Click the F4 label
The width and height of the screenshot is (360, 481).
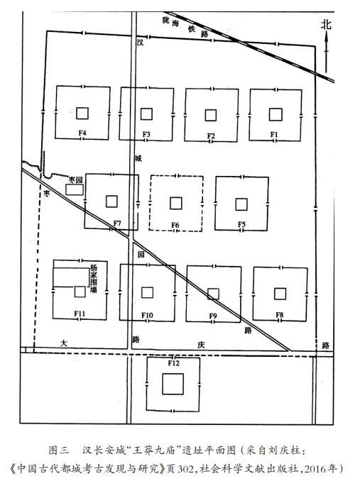click(82, 133)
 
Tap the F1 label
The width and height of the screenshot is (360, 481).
click(274, 134)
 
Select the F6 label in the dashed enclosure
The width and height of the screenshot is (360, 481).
click(175, 225)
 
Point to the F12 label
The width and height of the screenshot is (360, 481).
click(173, 363)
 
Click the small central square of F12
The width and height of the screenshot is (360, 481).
click(173, 383)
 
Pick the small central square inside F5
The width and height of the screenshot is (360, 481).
click(241, 204)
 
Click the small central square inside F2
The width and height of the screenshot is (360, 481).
click(211, 115)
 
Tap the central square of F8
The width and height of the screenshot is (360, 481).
click(280, 294)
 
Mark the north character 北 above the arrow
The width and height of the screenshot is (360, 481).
click(326, 25)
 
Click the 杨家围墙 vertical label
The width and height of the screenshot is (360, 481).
click(94, 279)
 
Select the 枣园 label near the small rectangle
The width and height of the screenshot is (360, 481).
click(75, 180)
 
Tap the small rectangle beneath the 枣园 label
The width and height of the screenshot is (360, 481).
click(75, 189)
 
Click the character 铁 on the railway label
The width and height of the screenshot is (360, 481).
click(192, 29)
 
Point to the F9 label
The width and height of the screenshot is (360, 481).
click(213, 316)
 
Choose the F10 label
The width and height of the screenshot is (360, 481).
click(147, 315)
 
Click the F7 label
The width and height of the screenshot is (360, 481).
click(117, 223)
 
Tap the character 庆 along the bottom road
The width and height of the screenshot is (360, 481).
click(201, 345)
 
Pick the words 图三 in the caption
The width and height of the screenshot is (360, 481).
click(59, 450)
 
